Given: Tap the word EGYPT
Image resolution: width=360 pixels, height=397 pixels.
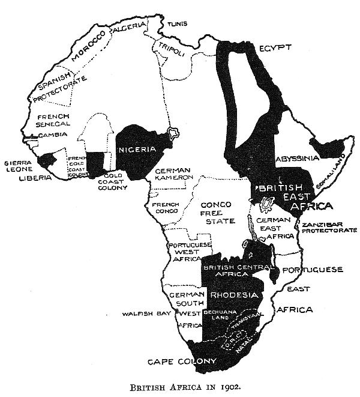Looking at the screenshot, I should tap(275, 47).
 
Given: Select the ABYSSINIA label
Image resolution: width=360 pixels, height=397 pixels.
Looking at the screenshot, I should tap(296, 159).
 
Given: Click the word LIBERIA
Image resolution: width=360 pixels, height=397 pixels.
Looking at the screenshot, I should tap(31, 178).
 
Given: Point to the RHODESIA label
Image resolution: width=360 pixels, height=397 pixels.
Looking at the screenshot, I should tap(233, 295).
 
